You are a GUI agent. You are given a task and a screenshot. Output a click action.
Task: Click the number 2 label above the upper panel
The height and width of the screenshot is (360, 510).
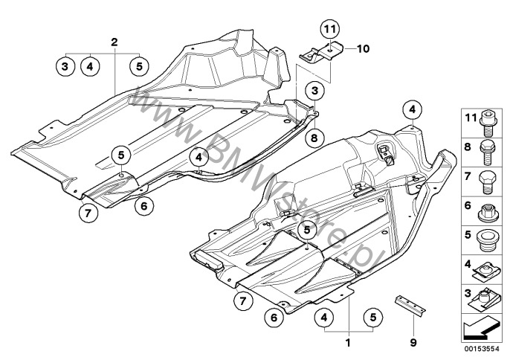[x=114, y=42]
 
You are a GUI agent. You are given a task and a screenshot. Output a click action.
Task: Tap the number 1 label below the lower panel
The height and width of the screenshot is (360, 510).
[x=346, y=345]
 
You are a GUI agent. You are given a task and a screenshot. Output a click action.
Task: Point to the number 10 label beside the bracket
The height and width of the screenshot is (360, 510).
[x=362, y=50]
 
